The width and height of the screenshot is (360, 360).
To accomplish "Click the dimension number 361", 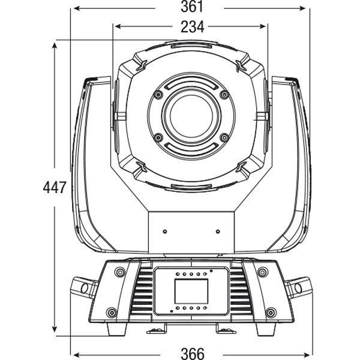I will [191, 7].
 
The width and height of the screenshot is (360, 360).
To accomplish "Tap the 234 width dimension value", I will [191, 26].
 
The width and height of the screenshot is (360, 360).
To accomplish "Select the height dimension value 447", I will [54, 188].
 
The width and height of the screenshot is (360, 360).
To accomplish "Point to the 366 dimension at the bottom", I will [191, 353].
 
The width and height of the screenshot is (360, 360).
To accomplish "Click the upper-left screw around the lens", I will [158, 95].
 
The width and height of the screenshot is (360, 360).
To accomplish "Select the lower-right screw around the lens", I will [224, 137].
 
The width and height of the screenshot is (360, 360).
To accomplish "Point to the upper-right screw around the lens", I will [224, 95].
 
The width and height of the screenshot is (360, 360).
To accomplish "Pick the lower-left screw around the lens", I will [158, 137].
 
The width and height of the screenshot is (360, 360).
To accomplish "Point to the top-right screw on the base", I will [262, 273].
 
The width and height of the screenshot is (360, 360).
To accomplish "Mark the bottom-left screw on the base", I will [111, 311].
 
